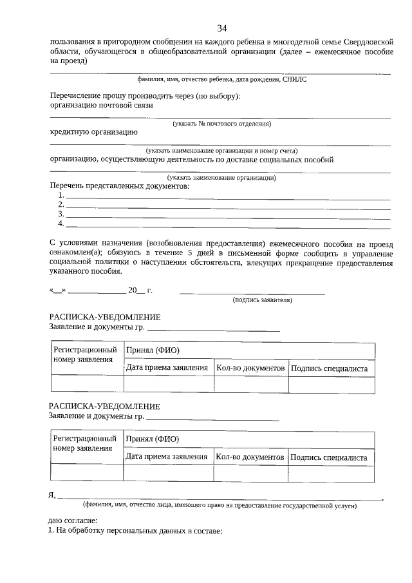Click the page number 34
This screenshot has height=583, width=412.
pyautogui.click(x=222, y=28)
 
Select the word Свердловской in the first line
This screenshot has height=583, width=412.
pyautogui.click(x=363, y=41)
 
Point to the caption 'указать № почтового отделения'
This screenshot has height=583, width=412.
pyautogui.click(x=221, y=123)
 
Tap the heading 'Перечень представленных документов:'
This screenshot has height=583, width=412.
pyautogui.click(x=120, y=186)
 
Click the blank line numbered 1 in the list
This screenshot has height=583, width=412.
pyautogui.click(x=229, y=196)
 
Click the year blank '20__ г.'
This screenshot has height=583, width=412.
pyautogui.click(x=140, y=290)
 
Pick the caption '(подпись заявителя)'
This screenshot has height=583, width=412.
pyautogui.click(x=262, y=300)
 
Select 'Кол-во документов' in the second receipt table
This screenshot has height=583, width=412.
pyautogui.click(x=250, y=457)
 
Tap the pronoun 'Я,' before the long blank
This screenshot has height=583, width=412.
pyautogui.click(x=53, y=495)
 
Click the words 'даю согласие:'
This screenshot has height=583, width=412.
pyautogui.click(x=73, y=520)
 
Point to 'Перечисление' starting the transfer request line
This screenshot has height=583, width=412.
pyautogui.click(x=75, y=96)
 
